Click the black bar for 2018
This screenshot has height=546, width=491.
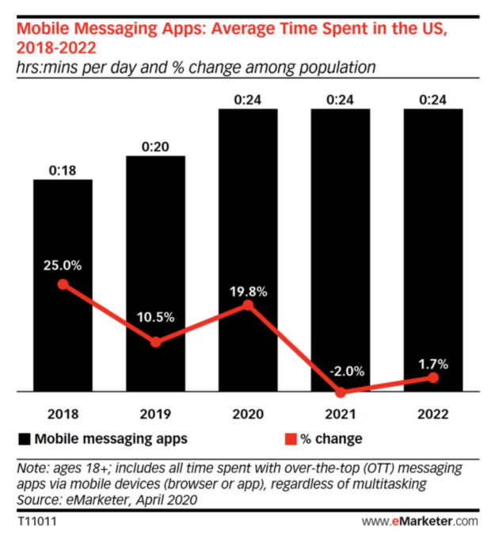[63, 238]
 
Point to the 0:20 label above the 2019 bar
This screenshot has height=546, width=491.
[155, 147]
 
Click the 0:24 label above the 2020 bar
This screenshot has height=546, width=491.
[248, 100]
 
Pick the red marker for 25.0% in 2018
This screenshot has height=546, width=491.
[63, 284]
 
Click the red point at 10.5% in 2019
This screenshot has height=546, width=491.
[155, 342]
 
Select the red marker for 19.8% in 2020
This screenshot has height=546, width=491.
[248, 305]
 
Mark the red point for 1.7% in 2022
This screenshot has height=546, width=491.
[433, 378]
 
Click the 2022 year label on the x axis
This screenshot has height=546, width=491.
[433, 414]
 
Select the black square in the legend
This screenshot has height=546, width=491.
[24, 438]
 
